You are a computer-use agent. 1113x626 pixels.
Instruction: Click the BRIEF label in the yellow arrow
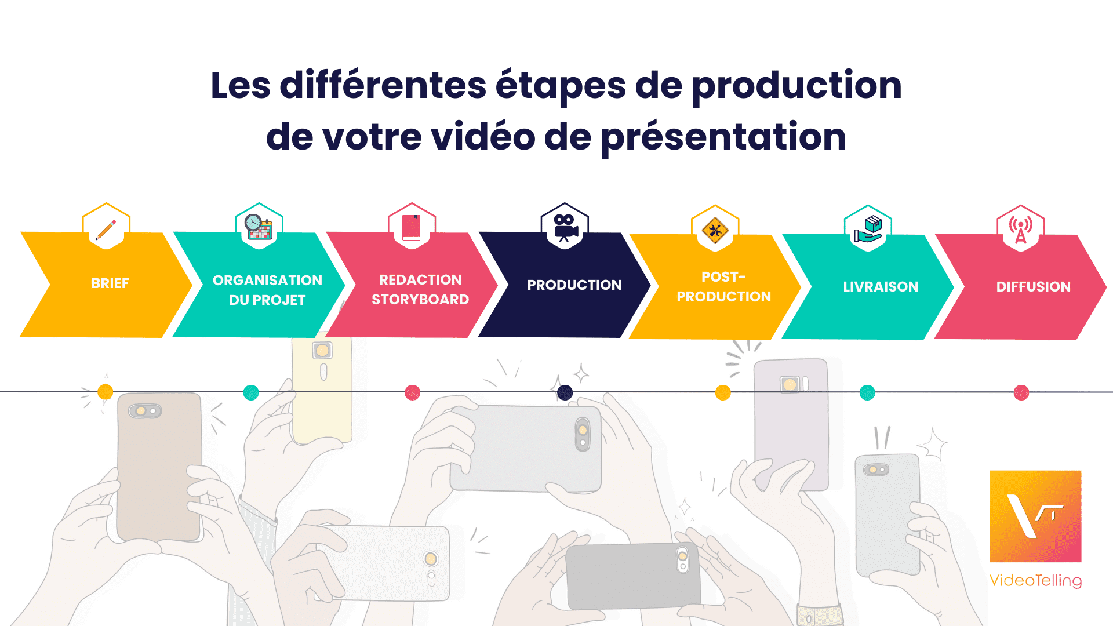click(x=110, y=283)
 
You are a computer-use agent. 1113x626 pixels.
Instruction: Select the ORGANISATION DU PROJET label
click(x=267, y=290)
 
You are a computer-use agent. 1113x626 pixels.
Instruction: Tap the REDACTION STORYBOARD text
click(x=420, y=289)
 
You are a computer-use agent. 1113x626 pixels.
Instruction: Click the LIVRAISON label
click(x=881, y=286)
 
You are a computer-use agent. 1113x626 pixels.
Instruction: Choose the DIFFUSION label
click(x=1033, y=286)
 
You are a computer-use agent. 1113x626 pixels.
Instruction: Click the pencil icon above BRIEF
click(x=106, y=230)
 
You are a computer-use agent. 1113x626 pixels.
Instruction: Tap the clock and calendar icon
click(x=259, y=227)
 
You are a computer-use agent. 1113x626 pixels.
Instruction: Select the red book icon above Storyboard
click(x=412, y=227)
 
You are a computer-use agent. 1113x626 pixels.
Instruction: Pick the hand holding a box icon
click(x=868, y=230)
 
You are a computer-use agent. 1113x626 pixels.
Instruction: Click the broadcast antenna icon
click(x=1020, y=230)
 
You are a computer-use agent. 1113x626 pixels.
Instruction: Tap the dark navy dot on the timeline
click(x=565, y=392)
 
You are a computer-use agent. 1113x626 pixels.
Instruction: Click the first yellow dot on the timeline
click(x=106, y=392)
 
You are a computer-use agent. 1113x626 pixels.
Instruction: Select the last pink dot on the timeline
click(x=1021, y=392)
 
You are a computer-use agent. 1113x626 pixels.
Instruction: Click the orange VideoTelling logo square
click(x=1035, y=516)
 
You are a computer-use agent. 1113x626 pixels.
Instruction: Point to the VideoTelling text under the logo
click(x=1035, y=580)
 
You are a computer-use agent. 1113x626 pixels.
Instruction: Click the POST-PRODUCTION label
click(x=723, y=287)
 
